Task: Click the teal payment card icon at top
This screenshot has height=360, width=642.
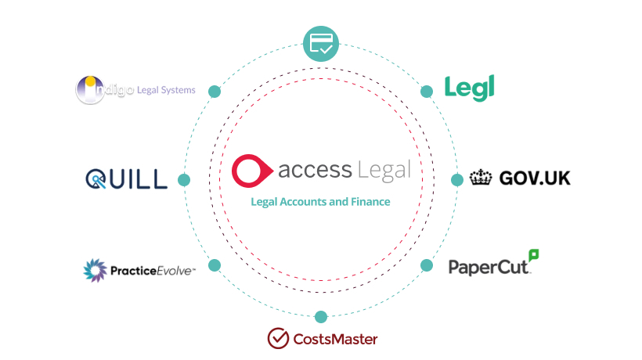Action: (x=321, y=44)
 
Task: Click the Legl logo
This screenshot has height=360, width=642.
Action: (x=469, y=88)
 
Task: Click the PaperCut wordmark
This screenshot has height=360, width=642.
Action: (x=489, y=267)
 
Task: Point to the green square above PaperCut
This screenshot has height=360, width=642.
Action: (x=534, y=254)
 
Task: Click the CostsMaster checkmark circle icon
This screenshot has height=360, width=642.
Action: (x=278, y=338)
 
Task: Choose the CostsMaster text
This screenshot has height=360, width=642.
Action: (x=335, y=339)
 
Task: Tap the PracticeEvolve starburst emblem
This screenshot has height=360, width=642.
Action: (x=96, y=271)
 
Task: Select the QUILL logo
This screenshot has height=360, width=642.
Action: (x=126, y=179)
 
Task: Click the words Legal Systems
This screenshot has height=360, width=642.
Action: (x=166, y=90)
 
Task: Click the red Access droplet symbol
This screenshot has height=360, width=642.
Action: (x=250, y=169)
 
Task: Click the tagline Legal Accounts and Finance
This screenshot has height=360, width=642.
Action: (x=320, y=202)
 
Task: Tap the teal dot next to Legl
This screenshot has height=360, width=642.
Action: (x=427, y=92)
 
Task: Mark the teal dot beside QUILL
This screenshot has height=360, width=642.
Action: (x=184, y=180)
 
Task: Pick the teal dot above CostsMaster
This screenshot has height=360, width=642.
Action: (x=321, y=316)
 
